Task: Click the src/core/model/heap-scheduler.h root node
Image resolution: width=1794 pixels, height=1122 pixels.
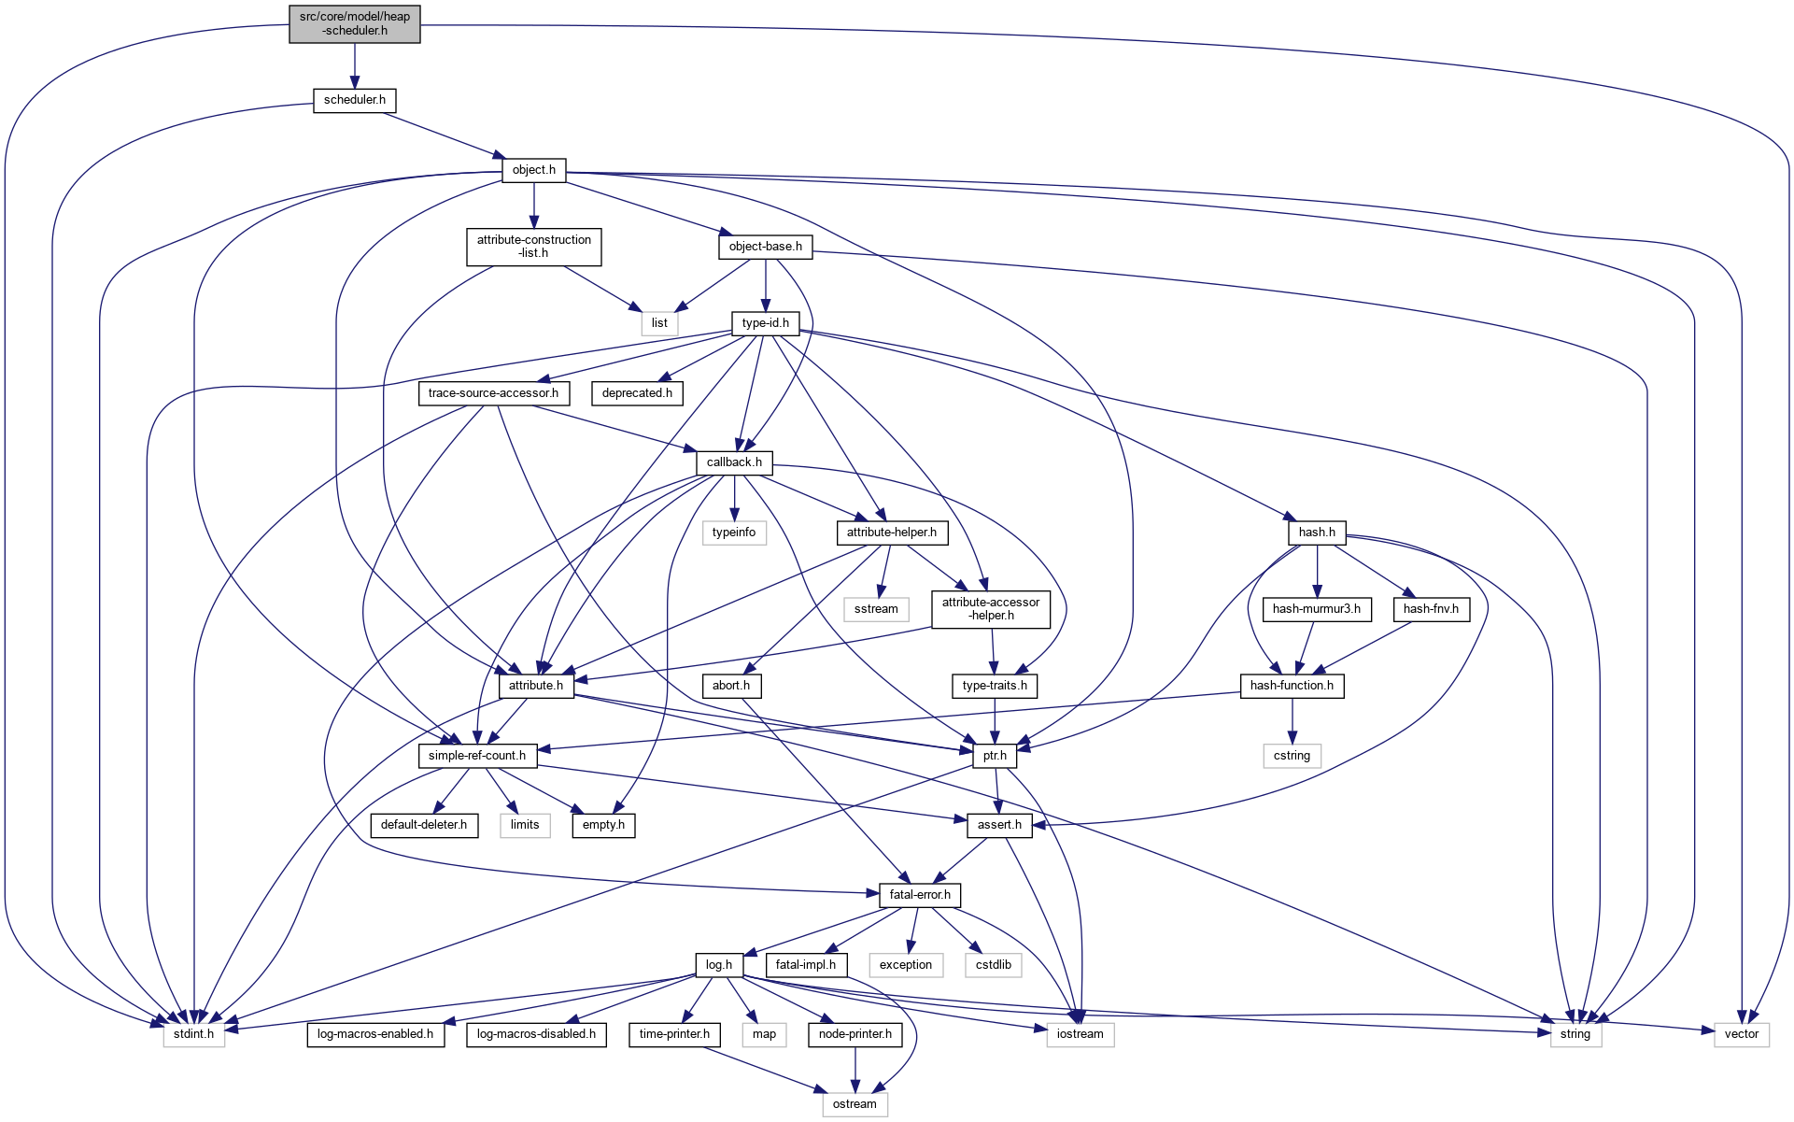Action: pos(354,23)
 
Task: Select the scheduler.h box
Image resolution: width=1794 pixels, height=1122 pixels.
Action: pos(354,100)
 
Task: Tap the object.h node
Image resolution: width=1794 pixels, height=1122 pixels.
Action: pos(533,170)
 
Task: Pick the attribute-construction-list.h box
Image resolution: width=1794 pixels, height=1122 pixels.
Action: pos(533,247)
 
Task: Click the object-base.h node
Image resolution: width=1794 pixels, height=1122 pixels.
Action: pos(765,247)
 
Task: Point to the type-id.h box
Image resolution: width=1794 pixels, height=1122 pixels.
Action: pos(765,323)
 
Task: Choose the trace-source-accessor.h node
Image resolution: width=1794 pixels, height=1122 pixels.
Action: pos(493,393)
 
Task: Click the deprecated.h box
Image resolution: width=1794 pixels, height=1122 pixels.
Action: pos(637,393)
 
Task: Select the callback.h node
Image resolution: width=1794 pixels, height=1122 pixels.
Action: pos(734,462)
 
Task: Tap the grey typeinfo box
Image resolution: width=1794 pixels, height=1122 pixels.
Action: pos(734,533)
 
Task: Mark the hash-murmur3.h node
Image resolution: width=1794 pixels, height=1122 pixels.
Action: pos(1316,609)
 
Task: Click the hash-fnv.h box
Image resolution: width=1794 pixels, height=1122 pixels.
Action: pos(1431,609)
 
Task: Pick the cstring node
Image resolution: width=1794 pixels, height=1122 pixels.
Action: pos(1292,756)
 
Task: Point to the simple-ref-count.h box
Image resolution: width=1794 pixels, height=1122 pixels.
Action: pos(476,756)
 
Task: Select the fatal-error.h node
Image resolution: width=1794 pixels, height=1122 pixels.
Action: pos(920,895)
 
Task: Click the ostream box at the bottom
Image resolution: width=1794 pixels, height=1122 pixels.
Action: pos(855,1104)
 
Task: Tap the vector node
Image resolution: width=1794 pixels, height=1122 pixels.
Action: pos(1741,1034)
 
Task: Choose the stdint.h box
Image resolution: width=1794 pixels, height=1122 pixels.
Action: pos(193,1034)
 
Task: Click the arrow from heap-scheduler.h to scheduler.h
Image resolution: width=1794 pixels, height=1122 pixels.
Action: pos(354,65)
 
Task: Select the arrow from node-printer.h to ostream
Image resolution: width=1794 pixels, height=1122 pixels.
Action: pos(855,1070)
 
